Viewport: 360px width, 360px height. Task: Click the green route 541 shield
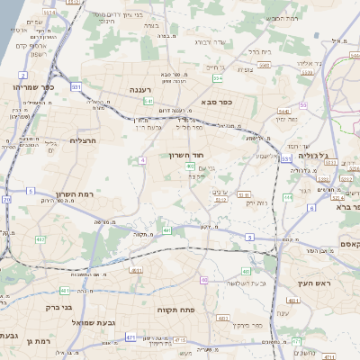(x=148, y=102)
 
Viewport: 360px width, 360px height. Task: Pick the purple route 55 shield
(x=303, y=105)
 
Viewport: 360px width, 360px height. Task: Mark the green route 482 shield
(x=41, y=238)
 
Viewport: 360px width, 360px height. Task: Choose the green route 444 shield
(x=288, y=197)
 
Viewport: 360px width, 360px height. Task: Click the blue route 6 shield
(x=311, y=208)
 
